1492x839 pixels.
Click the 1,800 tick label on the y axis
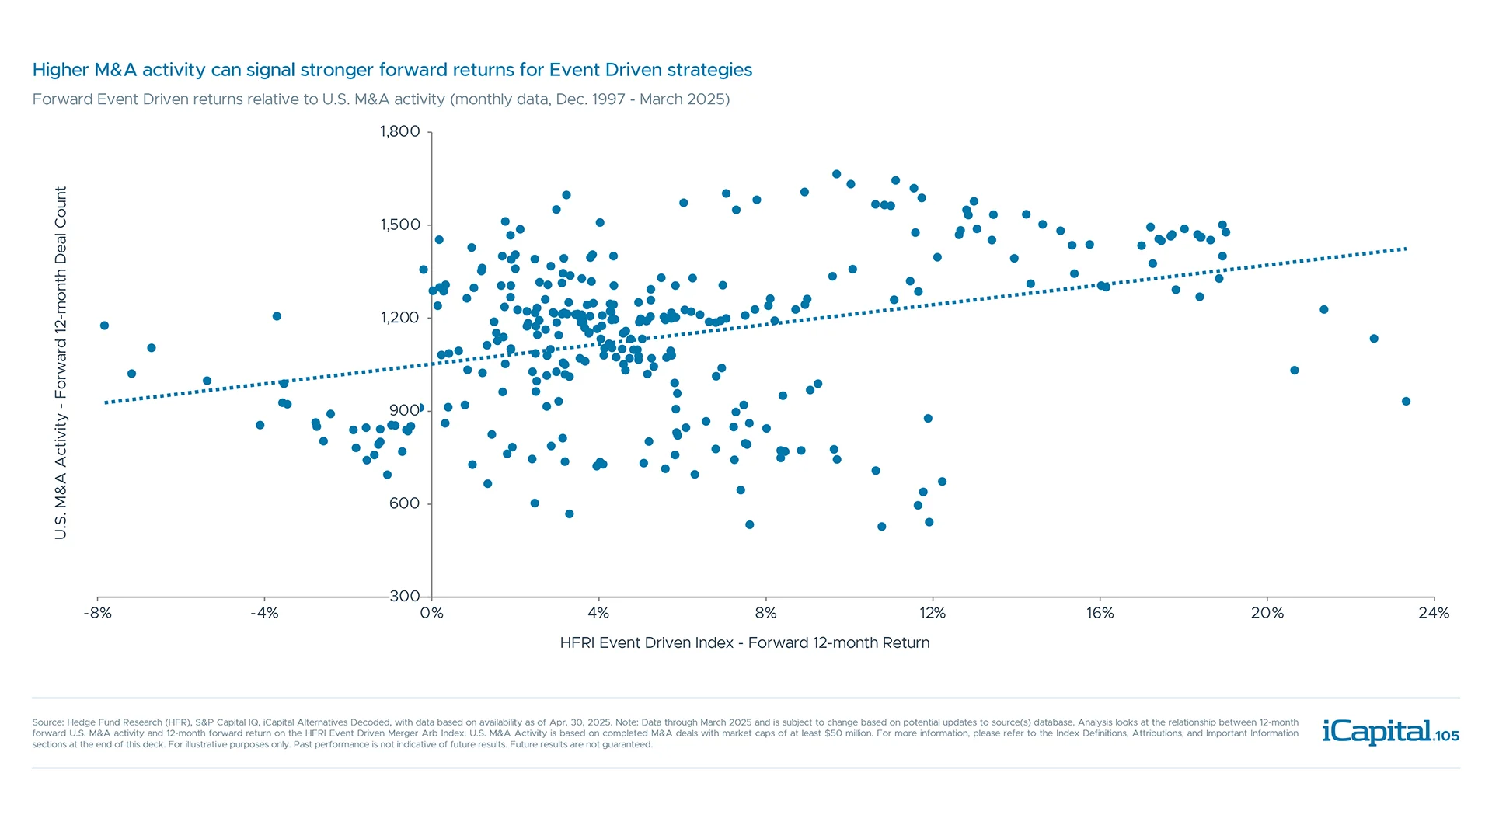(x=399, y=131)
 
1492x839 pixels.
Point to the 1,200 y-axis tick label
(x=399, y=317)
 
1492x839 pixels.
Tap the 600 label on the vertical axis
(x=404, y=503)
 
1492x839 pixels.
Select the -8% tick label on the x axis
(x=97, y=613)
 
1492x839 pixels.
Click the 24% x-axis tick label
(x=1434, y=613)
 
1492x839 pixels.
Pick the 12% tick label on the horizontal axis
(x=932, y=613)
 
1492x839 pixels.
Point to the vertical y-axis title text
(x=61, y=363)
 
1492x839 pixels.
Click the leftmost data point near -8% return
(x=104, y=326)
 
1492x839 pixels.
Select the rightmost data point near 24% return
(x=1406, y=402)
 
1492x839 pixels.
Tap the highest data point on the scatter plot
(x=836, y=174)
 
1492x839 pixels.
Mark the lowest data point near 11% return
(x=881, y=527)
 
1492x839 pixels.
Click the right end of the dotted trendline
(x=1405, y=249)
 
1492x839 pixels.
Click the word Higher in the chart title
(x=61, y=70)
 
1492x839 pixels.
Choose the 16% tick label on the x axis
(x=1100, y=613)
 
